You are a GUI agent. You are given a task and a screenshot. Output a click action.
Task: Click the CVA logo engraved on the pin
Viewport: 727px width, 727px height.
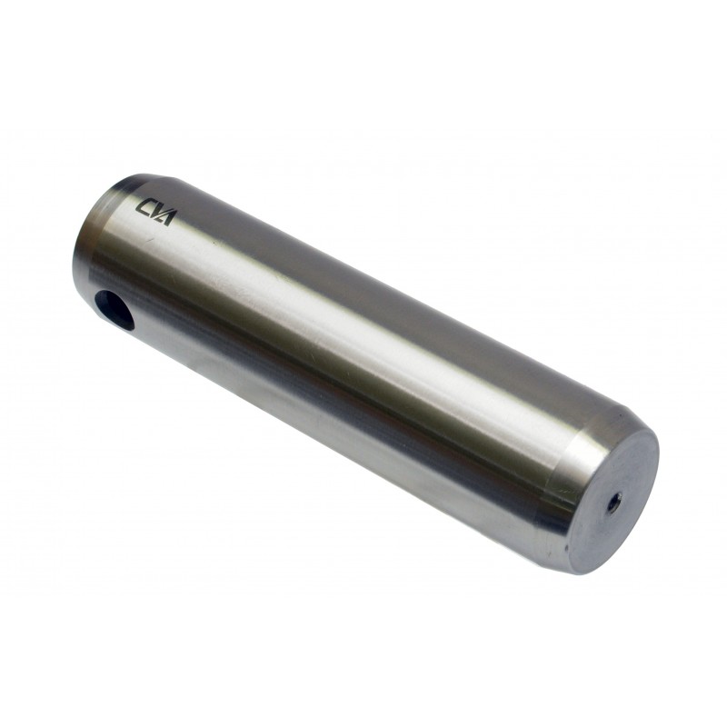154,212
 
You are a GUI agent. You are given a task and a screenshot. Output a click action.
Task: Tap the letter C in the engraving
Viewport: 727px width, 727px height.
142,206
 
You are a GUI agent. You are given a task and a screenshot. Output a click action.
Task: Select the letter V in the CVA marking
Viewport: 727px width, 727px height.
154,213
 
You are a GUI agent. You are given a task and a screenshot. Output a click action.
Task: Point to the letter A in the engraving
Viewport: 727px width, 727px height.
164,218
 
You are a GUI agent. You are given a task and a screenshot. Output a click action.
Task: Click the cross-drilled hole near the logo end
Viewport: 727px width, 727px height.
114,309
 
